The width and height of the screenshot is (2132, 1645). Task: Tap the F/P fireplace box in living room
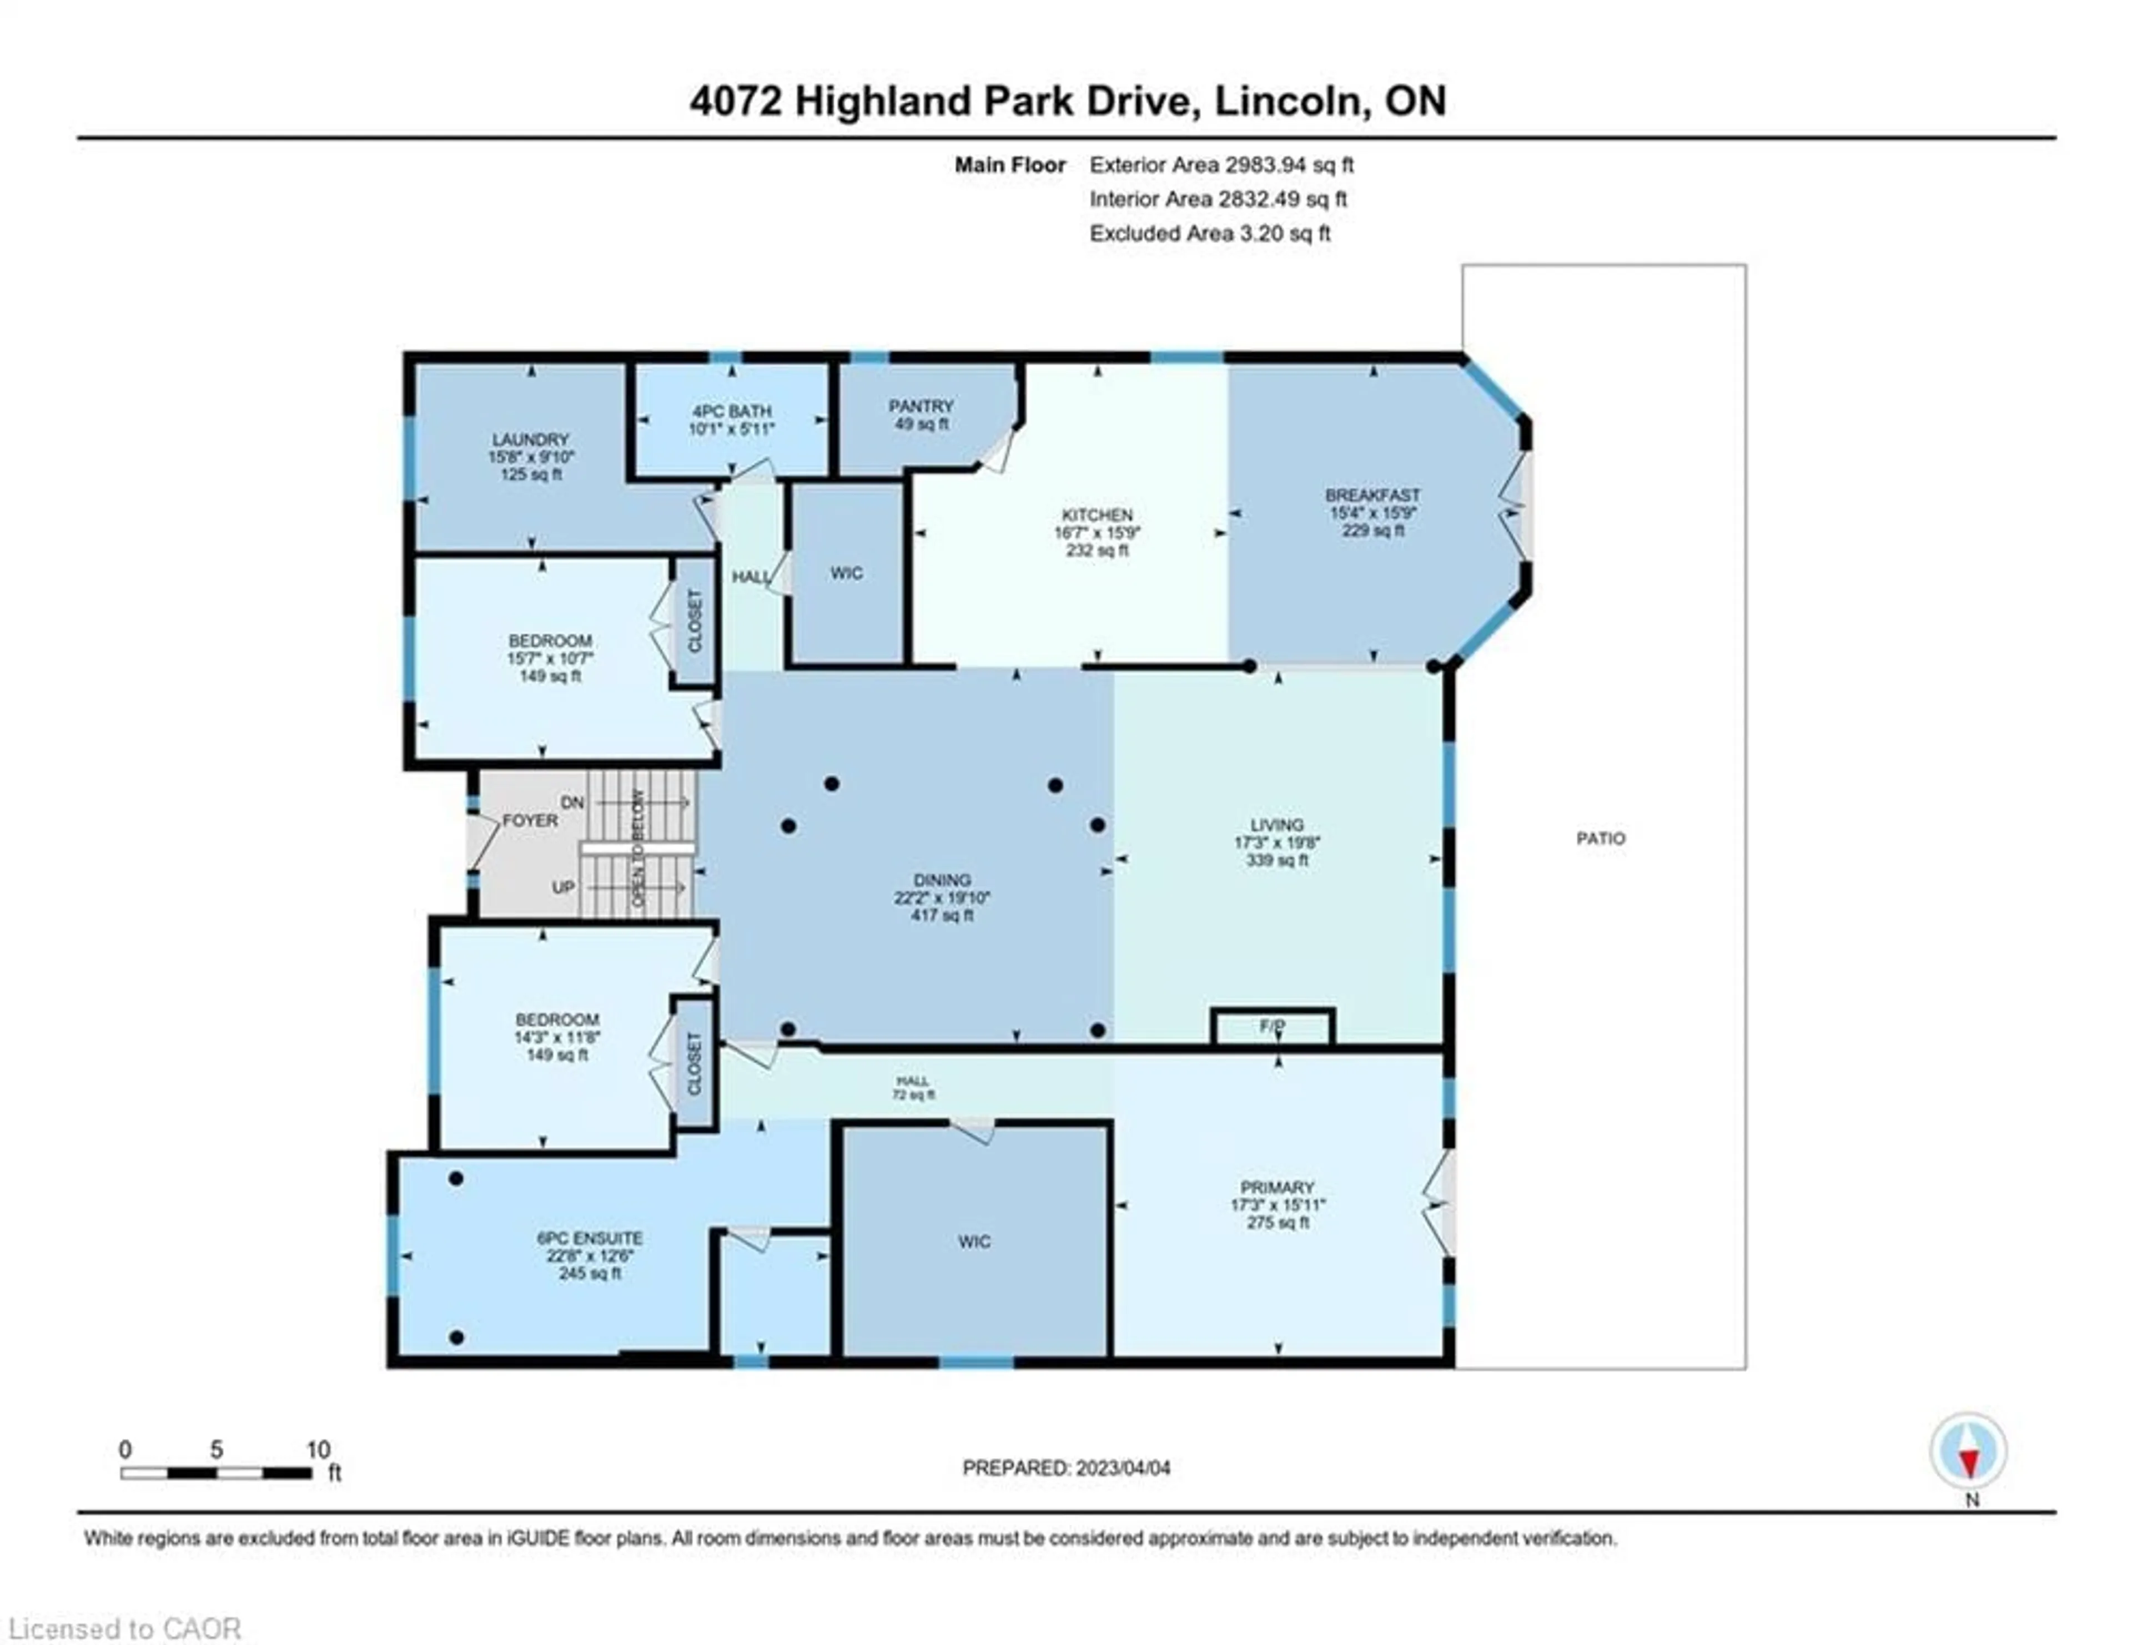point(1272,1026)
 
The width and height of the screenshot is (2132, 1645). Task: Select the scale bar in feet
point(217,1472)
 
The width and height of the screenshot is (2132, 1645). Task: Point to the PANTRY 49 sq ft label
point(921,415)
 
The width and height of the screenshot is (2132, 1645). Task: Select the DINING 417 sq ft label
point(942,897)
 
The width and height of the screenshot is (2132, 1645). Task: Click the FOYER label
point(530,820)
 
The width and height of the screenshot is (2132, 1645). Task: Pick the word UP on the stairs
point(564,887)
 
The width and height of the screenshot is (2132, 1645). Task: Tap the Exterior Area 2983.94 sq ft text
point(1221,165)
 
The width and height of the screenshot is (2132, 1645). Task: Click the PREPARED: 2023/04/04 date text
point(1066,1467)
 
